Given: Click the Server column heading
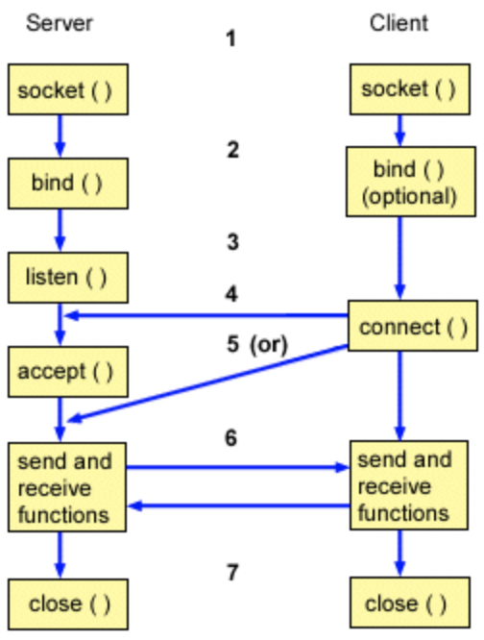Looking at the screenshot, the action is click(60, 23).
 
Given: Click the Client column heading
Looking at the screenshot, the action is click(399, 23).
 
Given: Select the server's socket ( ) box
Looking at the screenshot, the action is click(68, 89).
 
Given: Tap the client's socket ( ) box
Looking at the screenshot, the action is click(410, 89).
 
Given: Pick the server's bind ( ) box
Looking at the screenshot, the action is click(68, 184).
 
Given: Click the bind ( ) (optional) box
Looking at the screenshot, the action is click(411, 182).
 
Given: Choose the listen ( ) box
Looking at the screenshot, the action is click(68, 278).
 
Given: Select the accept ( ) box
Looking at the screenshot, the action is click(68, 372).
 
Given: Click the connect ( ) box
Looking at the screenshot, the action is click(413, 326).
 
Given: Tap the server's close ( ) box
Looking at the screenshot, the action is click(68, 604).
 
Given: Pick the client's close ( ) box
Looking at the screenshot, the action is click(410, 603).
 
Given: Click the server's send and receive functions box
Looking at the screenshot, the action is click(67, 487).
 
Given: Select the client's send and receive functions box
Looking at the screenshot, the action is click(409, 485).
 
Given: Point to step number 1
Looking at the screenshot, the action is click(231, 38).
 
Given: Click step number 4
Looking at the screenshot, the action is click(231, 294).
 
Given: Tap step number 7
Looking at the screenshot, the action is click(232, 572).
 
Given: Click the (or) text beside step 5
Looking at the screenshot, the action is click(269, 344).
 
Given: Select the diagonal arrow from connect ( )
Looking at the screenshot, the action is click(208, 382).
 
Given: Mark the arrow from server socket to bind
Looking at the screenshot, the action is click(60, 136).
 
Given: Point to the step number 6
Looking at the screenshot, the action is click(231, 438).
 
